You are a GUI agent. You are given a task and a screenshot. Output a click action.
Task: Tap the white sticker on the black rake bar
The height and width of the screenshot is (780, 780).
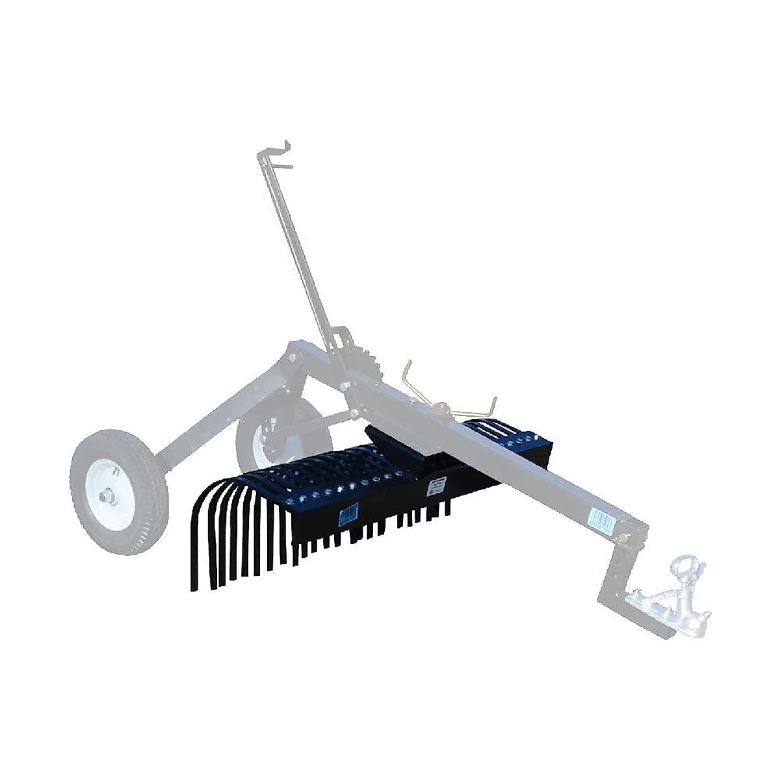coord(433,486)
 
